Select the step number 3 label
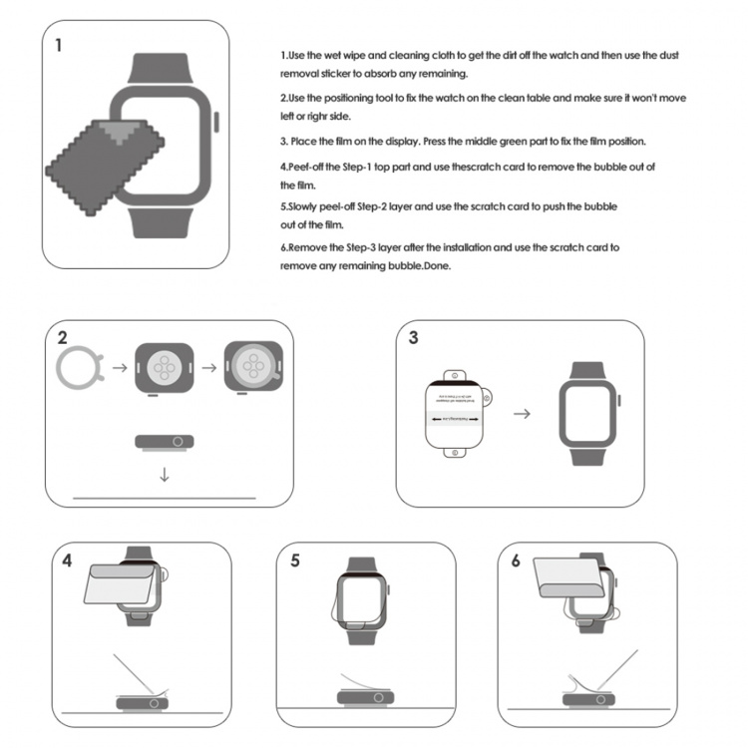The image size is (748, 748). point(414,338)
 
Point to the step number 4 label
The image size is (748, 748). point(67,561)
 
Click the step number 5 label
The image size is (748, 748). point(295,561)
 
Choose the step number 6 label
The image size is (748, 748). point(516,561)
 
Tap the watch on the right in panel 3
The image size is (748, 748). point(586,411)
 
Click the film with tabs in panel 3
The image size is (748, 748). point(453,411)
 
